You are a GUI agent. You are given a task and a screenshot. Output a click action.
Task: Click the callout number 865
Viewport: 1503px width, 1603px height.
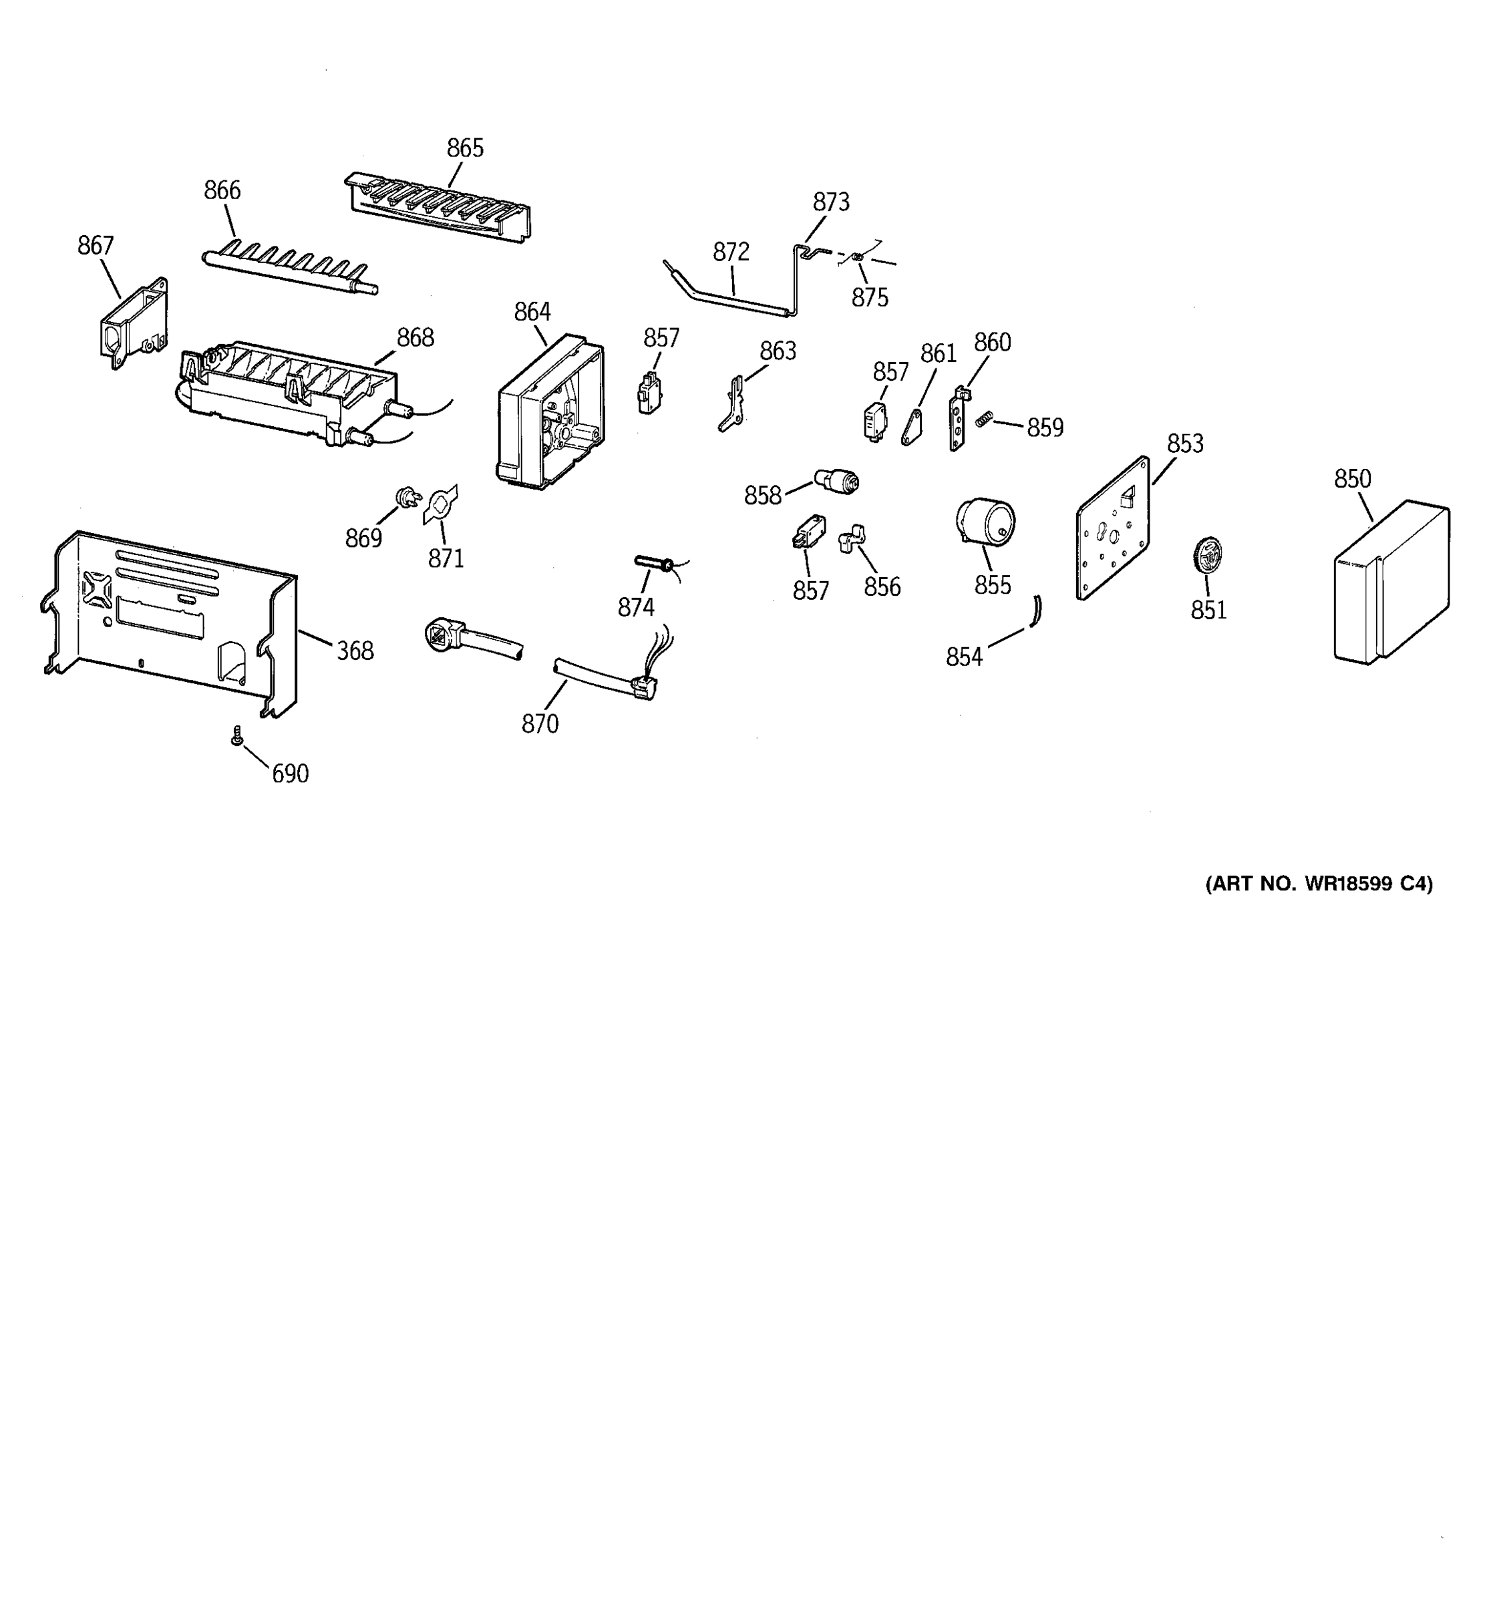point(465,148)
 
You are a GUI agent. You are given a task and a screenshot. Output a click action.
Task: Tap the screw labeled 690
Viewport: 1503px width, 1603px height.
point(237,735)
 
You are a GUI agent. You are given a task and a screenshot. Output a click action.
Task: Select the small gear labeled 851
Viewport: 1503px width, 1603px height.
point(1207,556)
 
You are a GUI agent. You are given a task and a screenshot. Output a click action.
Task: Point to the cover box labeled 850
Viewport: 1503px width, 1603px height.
point(1391,582)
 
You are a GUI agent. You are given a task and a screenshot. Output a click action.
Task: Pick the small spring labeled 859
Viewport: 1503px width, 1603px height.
point(983,419)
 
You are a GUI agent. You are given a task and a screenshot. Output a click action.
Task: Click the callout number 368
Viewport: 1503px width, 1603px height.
point(355,651)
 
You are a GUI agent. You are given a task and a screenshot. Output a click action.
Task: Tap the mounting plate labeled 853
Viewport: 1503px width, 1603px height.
point(1114,530)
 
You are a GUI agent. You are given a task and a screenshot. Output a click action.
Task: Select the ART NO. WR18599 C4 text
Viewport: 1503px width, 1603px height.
point(1319,884)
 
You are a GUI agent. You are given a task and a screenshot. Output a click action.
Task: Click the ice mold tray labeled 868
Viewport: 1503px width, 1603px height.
point(291,391)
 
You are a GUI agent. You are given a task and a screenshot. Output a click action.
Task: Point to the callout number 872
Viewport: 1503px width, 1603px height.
point(731,252)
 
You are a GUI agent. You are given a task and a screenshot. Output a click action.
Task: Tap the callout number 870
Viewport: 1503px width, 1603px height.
point(540,724)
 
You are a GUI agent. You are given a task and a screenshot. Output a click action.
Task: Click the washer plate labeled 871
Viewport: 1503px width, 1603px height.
point(440,505)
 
